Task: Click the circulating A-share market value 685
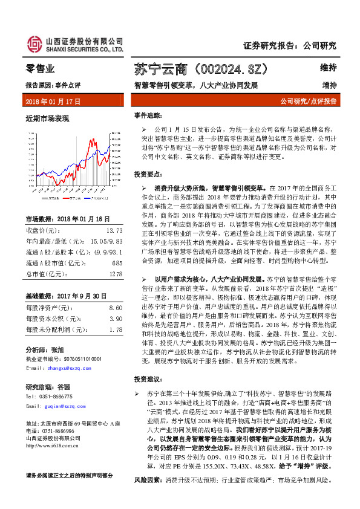coord(117,262)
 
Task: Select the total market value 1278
coord(116,273)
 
